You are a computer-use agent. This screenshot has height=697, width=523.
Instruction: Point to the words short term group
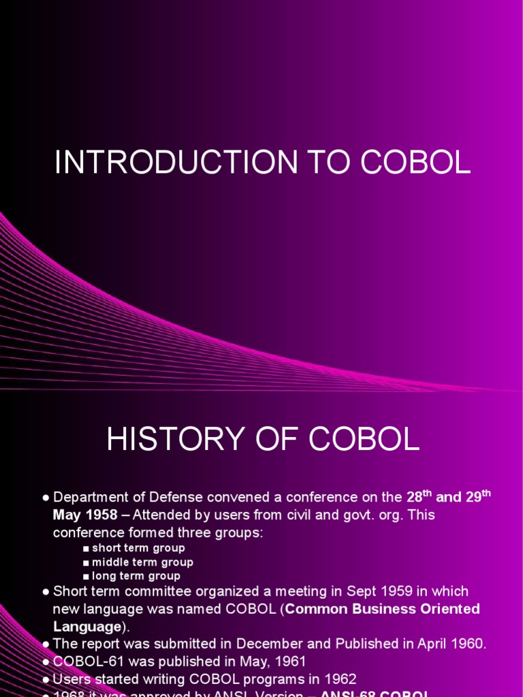(x=138, y=548)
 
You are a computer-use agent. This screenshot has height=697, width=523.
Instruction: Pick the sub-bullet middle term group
(x=142, y=562)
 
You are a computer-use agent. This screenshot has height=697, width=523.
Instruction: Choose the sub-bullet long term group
(x=136, y=576)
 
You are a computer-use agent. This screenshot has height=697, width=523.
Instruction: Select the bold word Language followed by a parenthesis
(x=86, y=626)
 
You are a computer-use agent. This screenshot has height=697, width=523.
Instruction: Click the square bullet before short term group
(x=86, y=549)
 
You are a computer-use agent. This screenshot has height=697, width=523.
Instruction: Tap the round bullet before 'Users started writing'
(x=46, y=679)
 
